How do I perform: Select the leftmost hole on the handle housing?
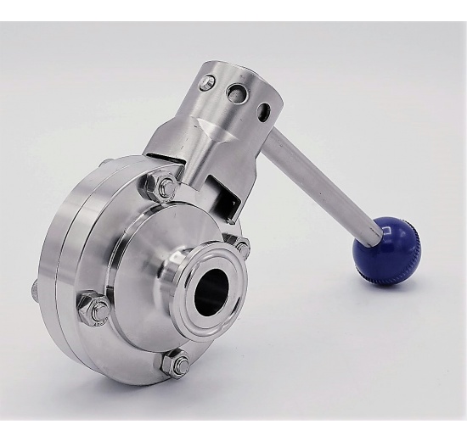tap(206, 83)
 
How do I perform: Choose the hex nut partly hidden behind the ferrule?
tap(243, 248)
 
